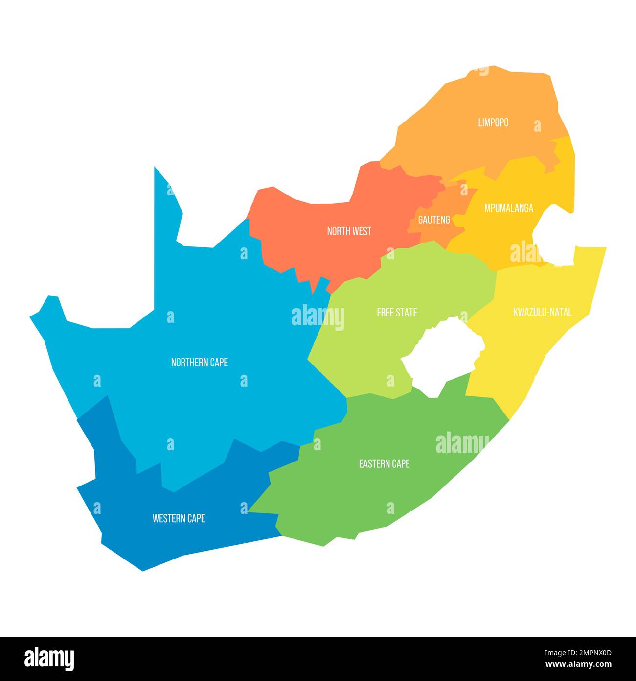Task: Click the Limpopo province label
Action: click(493, 122)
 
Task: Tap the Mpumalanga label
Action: click(508, 208)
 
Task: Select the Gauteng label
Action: click(433, 219)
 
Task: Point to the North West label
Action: click(349, 231)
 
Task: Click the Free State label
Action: click(397, 313)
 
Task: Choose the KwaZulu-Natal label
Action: click(542, 312)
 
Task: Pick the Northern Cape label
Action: click(199, 363)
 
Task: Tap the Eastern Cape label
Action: click(384, 463)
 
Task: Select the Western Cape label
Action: click(179, 518)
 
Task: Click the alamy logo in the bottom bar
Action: click(49, 659)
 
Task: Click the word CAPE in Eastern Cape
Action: click(400, 463)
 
